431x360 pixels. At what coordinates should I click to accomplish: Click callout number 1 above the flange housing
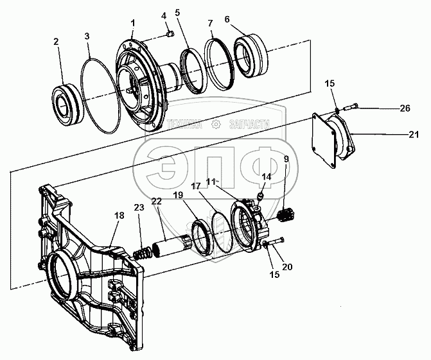(x=132, y=24)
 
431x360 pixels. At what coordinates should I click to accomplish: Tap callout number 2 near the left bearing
(x=56, y=42)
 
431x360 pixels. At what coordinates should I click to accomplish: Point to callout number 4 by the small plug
(x=163, y=15)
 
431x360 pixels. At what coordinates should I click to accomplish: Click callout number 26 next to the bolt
(x=404, y=108)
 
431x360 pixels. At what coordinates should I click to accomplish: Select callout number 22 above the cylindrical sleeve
(x=157, y=201)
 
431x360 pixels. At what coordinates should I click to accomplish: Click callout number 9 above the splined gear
(x=285, y=159)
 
